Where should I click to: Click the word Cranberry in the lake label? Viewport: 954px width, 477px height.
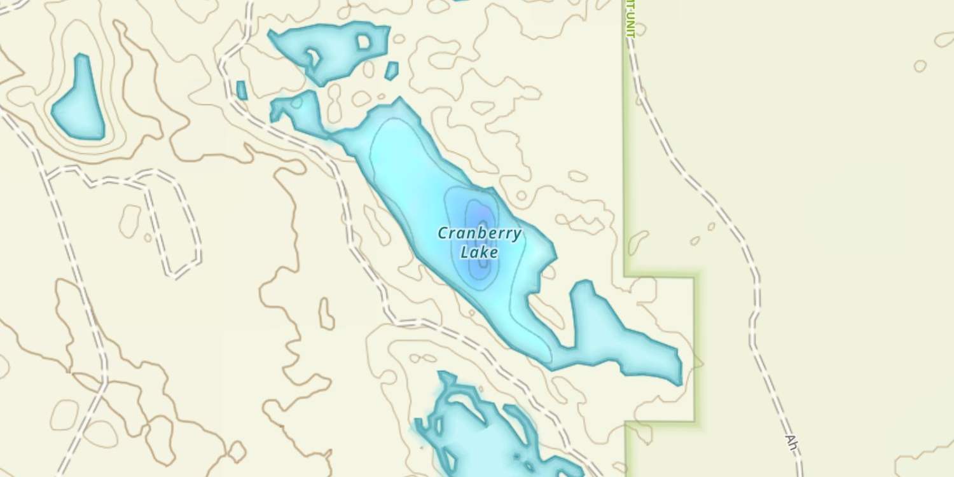(480, 233)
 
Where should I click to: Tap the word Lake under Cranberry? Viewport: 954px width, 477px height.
(479, 252)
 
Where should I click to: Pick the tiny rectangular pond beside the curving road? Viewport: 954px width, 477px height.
(242, 90)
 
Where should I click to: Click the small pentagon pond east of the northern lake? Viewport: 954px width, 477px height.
(392, 70)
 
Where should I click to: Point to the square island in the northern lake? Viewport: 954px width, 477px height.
(364, 42)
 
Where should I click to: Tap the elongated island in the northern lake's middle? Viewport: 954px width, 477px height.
(314, 59)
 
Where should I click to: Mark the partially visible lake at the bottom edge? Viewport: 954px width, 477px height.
(483, 439)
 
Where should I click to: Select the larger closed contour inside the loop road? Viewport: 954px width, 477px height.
(130, 220)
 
